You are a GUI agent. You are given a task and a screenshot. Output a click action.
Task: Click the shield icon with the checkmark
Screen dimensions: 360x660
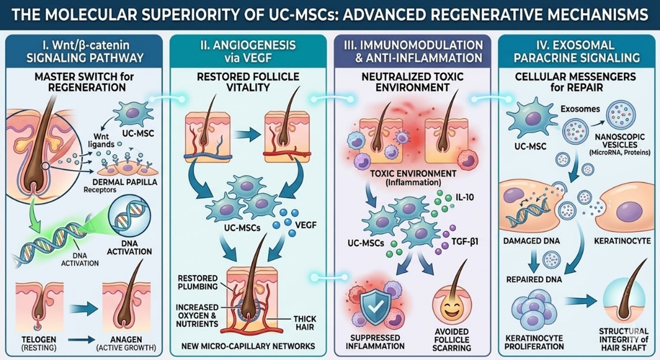point(375,308)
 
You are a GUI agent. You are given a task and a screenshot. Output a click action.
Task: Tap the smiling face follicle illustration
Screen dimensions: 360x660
point(452,308)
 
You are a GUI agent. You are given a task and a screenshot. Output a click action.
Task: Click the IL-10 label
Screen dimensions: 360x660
point(465,198)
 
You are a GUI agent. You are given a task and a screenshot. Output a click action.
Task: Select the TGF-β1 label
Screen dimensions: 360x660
point(465,242)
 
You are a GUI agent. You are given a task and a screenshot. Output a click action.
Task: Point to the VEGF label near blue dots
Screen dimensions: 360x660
point(306,225)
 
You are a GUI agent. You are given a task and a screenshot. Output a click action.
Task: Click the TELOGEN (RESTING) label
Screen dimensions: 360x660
point(39,343)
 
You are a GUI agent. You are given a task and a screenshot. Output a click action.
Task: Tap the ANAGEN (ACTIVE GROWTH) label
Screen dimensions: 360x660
point(126,343)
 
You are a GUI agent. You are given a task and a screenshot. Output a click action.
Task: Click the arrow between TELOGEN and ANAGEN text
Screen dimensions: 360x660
point(81,340)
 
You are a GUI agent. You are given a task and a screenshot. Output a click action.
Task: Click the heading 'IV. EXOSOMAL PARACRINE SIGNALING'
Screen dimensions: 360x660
point(576,51)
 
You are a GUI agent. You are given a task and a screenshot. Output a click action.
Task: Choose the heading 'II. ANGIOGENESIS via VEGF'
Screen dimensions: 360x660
point(248,51)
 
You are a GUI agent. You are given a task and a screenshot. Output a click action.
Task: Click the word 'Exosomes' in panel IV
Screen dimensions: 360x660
point(580,109)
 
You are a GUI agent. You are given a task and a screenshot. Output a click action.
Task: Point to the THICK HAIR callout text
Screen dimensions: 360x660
point(305,323)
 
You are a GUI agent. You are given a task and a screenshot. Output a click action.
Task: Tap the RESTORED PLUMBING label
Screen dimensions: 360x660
point(198,282)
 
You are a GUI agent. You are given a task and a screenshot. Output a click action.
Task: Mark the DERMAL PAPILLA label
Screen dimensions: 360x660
point(125,182)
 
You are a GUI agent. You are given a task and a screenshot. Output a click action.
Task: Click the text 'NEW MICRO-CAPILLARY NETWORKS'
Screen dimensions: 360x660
point(248,346)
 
